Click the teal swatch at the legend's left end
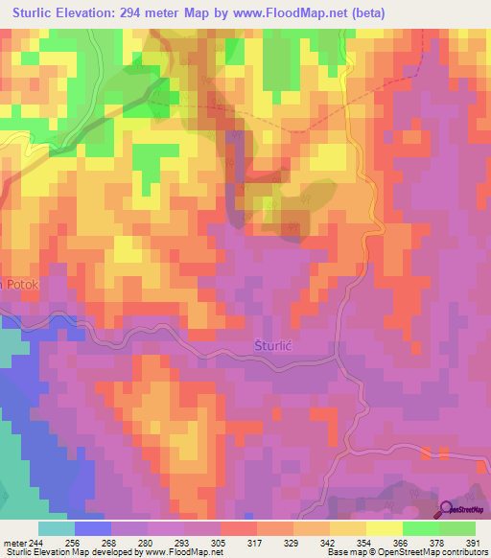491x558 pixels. coord(57,527)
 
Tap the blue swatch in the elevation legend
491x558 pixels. coord(93,527)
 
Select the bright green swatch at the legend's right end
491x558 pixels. coord(457,527)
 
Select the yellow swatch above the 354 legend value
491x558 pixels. coord(348,527)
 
